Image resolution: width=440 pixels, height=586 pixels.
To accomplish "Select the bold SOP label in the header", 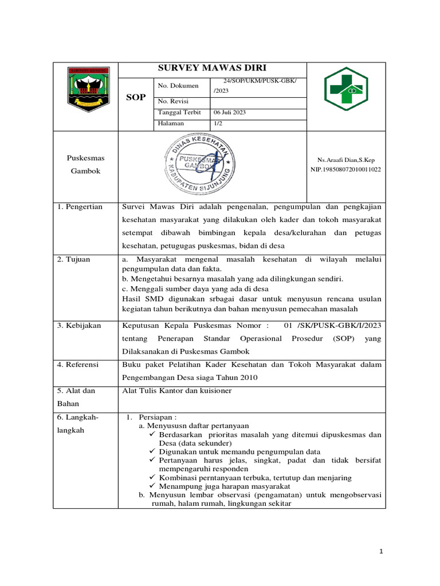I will (x=136, y=97).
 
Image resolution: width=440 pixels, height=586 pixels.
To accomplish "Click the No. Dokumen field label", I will (x=178, y=86).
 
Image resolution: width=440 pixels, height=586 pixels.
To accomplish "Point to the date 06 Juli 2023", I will (x=230, y=112).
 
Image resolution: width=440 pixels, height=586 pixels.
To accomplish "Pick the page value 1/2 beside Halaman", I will (x=218, y=123).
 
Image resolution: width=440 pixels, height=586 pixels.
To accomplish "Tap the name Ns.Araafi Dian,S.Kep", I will (x=349, y=160).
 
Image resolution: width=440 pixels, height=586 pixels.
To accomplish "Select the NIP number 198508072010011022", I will (x=349, y=169).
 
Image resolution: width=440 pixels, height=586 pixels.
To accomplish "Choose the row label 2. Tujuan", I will (x=74, y=259).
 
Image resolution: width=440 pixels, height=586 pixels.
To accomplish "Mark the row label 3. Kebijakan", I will (x=79, y=326).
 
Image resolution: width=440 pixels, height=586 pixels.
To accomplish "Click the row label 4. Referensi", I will (x=78, y=365).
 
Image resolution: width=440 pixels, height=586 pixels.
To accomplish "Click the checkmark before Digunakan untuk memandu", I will (x=152, y=452).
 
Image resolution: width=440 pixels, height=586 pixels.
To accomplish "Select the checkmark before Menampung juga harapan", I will (x=152, y=486).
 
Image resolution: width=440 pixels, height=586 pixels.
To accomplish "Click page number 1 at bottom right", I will (x=382, y=551).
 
